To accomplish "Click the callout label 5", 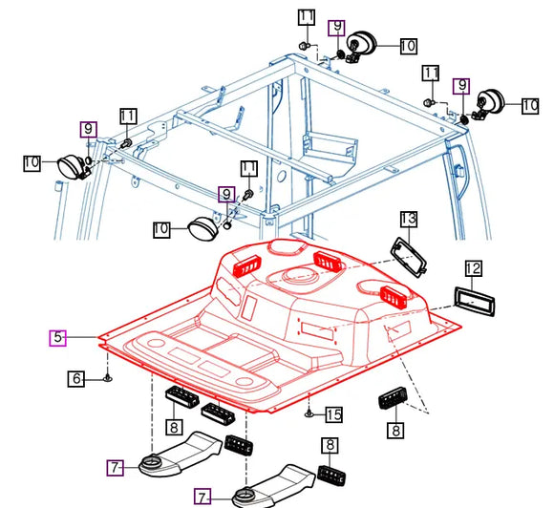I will pyautogui.click(x=58, y=337).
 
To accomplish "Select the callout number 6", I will pyautogui.click(x=77, y=379).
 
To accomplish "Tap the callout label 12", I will pyautogui.click(x=474, y=269).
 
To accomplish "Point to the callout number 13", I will pyautogui.click(x=408, y=220).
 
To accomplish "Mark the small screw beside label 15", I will pyautogui.click(x=309, y=413).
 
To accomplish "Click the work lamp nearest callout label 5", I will pyautogui.click(x=201, y=230).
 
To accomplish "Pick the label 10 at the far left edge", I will pyautogui.click(x=32, y=163).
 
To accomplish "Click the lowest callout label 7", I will pyautogui.click(x=202, y=497).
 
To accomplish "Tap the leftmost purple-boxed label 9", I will pyautogui.click(x=89, y=129).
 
